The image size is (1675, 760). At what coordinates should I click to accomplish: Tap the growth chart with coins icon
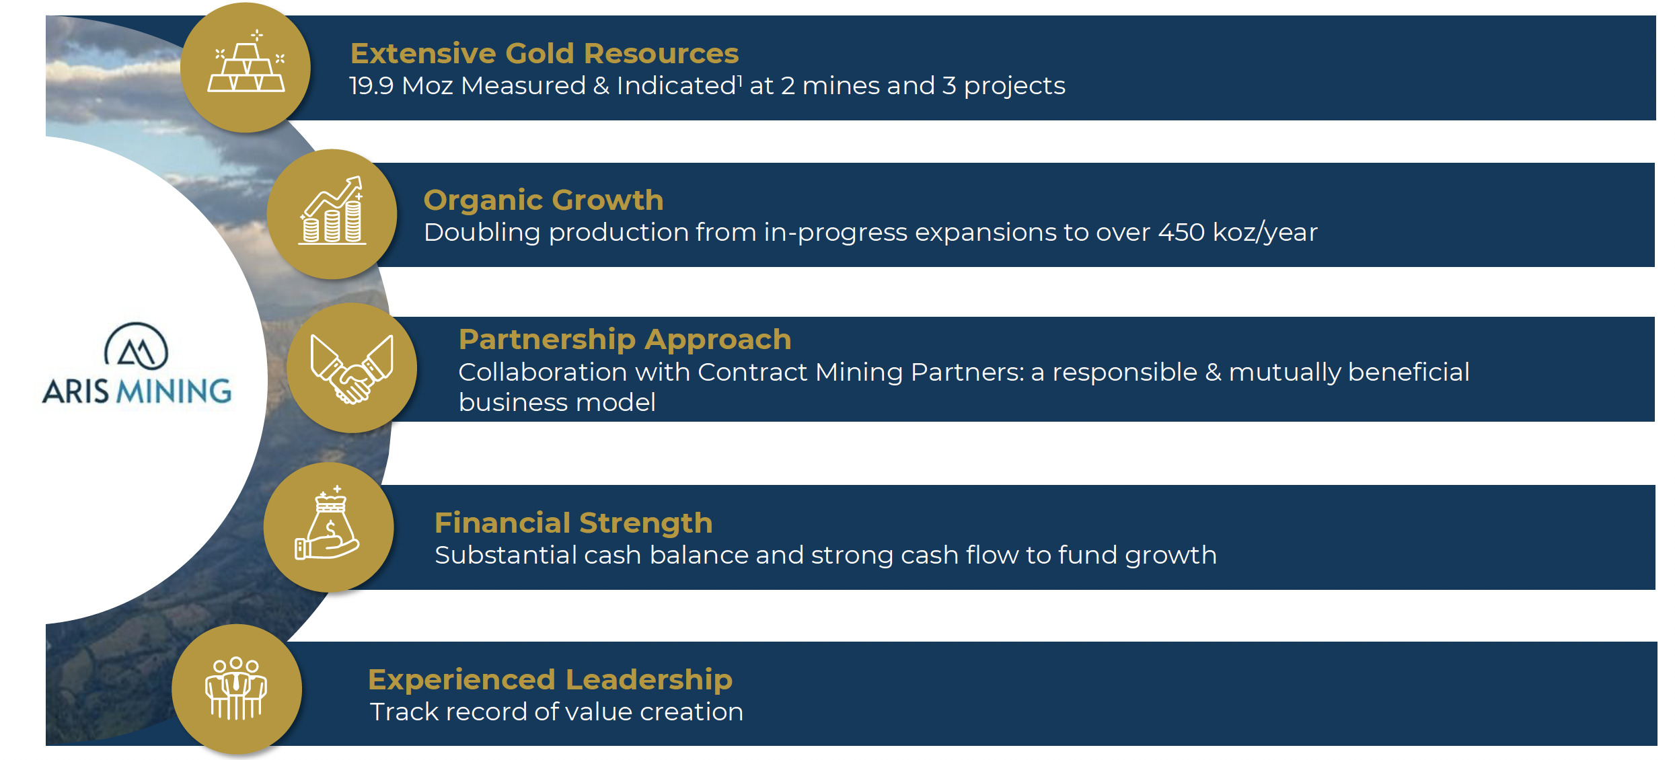(332, 213)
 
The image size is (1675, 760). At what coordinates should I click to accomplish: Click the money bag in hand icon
(328, 525)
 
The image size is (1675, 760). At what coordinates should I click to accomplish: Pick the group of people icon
(236, 689)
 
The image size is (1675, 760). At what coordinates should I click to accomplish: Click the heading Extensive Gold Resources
(544, 53)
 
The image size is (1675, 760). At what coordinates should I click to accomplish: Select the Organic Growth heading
(544, 200)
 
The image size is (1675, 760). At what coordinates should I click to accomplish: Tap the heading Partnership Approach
(625, 339)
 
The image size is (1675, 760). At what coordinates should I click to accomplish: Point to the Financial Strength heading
(573, 523)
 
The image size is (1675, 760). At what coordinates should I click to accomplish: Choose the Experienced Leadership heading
(550, 679)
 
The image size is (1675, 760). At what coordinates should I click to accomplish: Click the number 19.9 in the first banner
(371, 86)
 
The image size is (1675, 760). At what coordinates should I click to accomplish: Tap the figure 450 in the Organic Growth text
(1181, 233)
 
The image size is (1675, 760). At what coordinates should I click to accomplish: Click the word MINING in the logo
(174, 391)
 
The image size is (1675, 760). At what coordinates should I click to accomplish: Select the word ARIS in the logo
(75, 391)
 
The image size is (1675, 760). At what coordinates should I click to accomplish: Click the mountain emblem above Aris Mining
(137, 346)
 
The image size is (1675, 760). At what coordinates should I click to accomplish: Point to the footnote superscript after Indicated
(740, 79)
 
